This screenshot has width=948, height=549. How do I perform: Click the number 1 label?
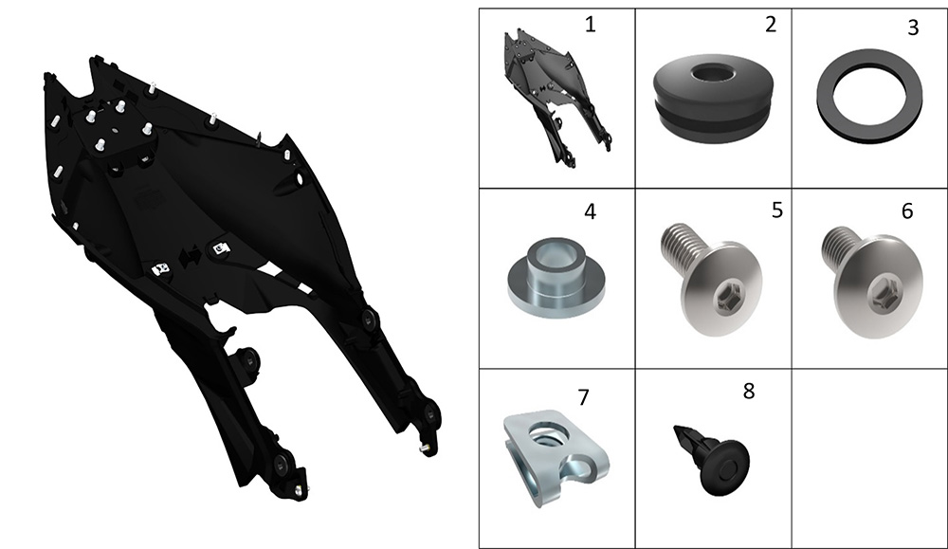(590, 25)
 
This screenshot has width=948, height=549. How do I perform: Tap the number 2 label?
(770, 25)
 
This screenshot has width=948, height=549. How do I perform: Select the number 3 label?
(913, 27)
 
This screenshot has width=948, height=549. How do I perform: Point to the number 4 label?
(590, 211)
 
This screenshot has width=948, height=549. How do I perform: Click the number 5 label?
(777, 210)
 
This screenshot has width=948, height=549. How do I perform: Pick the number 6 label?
(907, 210)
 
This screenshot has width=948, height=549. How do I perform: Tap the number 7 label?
(583, 397)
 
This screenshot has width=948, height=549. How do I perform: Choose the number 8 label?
(749, 392)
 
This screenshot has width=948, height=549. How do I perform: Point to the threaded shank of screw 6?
(839, 245)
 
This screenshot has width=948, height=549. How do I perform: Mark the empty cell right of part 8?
(869, 458)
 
